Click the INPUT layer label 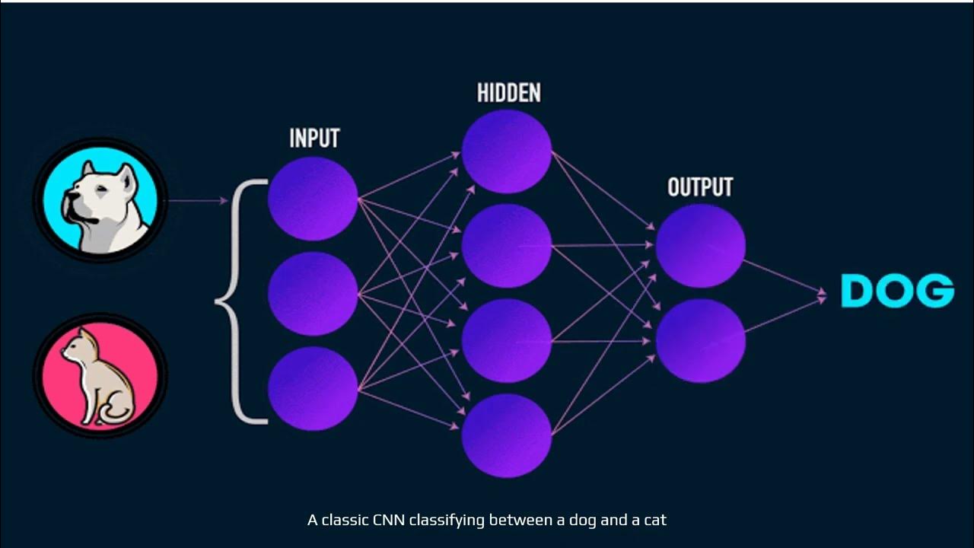(x=314, y=139)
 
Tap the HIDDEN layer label (x=508, y=93)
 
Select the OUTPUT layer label (x=700, y=187)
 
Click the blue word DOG (x=897, y=291)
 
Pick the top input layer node (x=313, y=199)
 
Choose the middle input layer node (x=313, y=294)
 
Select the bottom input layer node (x=313, y=388)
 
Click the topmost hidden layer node (x=507, y=151)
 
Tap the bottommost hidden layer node (x=507, y=435)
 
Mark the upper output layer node (x=700, y=246)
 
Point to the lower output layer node (x=700, y=340)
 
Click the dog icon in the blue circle (x=100, y=201)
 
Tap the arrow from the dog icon (x=197, y=201)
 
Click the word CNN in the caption (x=389, y=521)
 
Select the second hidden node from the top (x=507, y=246)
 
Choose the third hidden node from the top (x=507, y=340)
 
